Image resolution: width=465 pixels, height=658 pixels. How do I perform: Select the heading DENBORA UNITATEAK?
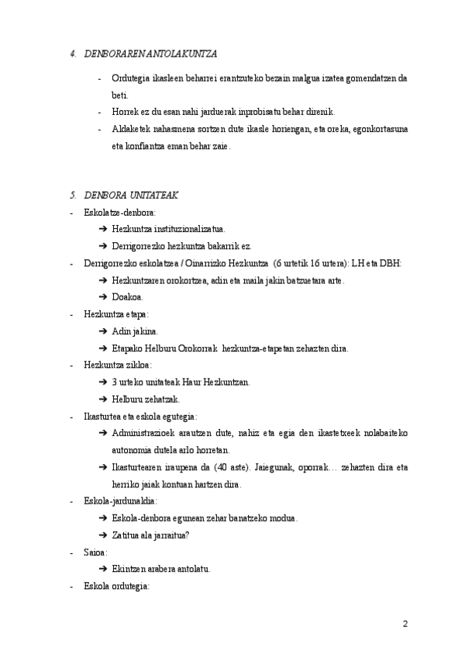click(x=131, y=195)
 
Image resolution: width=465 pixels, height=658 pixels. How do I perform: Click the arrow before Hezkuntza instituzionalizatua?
click(x=104, y=229)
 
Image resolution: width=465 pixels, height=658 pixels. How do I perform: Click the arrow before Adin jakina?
click(x=104, y=331)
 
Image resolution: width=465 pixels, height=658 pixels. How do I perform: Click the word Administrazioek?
click(x=148, y=433)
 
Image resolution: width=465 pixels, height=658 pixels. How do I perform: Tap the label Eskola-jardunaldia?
click(x=121, y=501)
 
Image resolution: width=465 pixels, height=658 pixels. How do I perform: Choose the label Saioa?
click(x=95, y=552)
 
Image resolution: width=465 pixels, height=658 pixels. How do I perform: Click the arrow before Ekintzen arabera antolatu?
click(x=104, y=569)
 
